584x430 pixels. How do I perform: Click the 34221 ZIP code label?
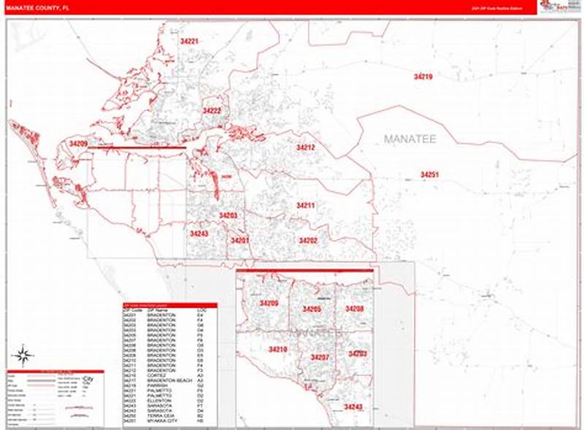pyautogui.click(x=189, y=42)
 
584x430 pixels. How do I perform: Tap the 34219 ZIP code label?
pyautogui.click(x=423, y=77)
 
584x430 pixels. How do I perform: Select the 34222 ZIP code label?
pyautogui.click(x=212, y=111)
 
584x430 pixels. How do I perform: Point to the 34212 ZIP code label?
pyautogui.click(x=305, y=147)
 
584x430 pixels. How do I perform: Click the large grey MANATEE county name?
pyautogui.click(x=409, y=139)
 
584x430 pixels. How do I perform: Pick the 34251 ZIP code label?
pyautogui.click(x=429, y=174)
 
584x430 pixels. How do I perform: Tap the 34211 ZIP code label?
pyautogui.click(x=305, y=206)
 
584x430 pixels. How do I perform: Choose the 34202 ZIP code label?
pyautogui.click(x=308, y=240)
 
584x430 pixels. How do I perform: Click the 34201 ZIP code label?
pyautogui.click(x=239, y=240)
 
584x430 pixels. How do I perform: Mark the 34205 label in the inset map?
pyautogui.click(x=312, y=310)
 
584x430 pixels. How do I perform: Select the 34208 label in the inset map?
pyautogui.click(x=354, y=310)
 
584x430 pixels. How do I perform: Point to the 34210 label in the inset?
pyautogui.click(x=277, y=350)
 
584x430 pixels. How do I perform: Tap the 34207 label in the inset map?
pyautogui.click(x=320, y=357)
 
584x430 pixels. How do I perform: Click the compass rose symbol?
pyautogui.click(x=23, y=356)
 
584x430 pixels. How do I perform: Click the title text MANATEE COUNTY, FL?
pyautogui.click(x=36, y=7)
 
